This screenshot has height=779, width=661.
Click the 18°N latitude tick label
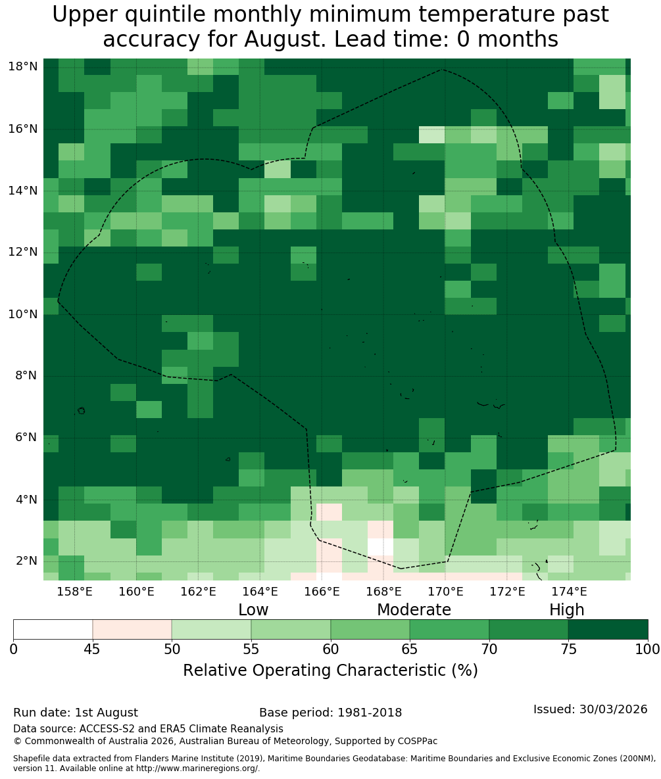(23, 66)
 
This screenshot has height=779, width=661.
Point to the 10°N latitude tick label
(23, 314)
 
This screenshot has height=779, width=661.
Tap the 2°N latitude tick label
(26, 561)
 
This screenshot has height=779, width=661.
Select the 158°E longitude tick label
(75, 592)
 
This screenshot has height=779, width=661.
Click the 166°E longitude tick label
(322, 592)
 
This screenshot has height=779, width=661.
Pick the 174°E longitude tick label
(569, 592)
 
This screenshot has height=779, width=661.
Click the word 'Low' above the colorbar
(253, 609)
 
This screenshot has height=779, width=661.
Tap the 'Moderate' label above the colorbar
(414, 609)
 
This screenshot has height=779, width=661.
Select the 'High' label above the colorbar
(566, 610)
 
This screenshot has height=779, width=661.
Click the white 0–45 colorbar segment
(53, 630)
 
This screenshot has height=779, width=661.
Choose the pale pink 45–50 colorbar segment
(132, 630)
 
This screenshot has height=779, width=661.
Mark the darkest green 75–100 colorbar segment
(608, 630)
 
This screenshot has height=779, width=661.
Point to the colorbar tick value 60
(330, 649)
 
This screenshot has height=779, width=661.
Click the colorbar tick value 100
(648, 649)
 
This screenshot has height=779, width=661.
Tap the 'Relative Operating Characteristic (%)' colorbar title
(330, 671)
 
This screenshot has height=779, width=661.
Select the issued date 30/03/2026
(613, 709)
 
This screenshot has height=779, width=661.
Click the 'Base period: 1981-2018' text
(330, 713)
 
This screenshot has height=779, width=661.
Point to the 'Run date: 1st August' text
(76, 713)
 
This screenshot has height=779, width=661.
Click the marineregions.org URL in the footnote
(197, 768)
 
